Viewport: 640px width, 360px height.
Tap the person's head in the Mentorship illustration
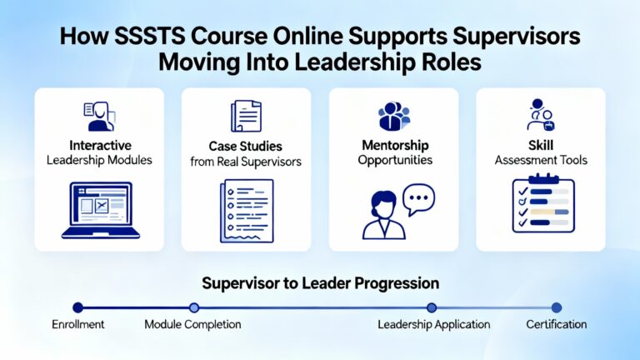coord(382,205)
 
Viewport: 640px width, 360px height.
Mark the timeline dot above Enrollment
coord(78,307)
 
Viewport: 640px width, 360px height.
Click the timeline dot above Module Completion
coord(194,307)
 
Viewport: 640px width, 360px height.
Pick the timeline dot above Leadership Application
coord(432,307)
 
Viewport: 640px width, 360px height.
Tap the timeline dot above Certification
coord(557,307)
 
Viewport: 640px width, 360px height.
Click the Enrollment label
coord(77,324)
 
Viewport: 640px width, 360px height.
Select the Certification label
coord(557,324)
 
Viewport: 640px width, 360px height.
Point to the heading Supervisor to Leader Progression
coord(320,283)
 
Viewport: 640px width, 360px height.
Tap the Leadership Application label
coord(434,324)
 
